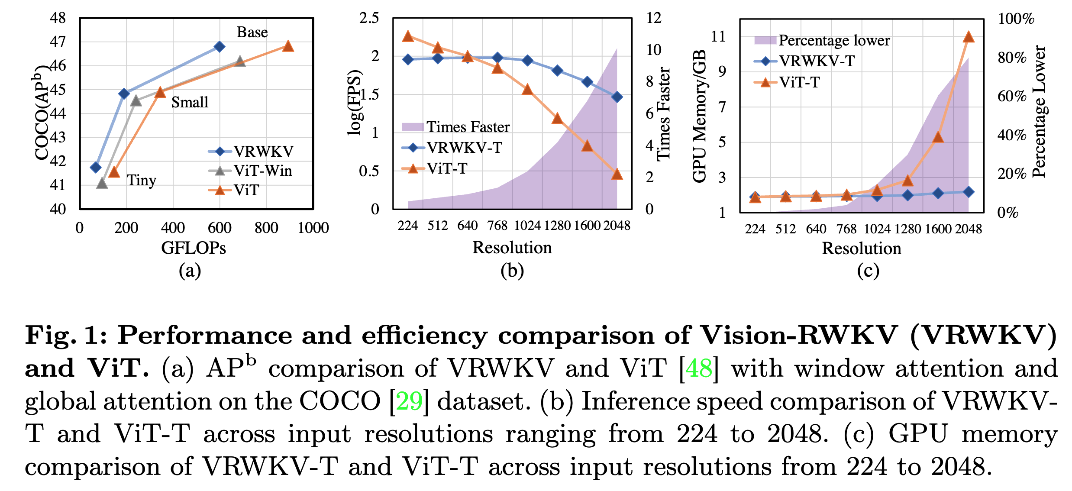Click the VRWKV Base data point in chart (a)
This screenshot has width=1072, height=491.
220,46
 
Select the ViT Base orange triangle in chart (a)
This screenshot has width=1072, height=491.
288,46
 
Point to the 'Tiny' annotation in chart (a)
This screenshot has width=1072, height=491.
141,180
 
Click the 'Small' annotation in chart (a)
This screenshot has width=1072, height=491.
190,102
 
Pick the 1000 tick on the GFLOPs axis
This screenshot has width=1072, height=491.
313,228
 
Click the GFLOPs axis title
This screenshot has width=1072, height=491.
194,248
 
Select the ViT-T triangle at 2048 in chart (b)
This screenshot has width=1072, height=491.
617,174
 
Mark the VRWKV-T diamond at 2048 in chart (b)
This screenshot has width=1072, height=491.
617,97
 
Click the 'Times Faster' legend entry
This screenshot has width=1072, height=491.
468,127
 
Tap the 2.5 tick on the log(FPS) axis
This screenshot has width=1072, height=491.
369,18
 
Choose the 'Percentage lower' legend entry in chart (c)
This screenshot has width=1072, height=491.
834,40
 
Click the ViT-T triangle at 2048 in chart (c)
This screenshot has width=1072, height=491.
969,37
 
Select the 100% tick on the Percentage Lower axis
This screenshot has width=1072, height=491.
1016,19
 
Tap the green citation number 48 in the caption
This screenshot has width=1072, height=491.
699,368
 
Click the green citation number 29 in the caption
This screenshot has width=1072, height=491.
409,401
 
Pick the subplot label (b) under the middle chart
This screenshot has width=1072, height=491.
512,271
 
